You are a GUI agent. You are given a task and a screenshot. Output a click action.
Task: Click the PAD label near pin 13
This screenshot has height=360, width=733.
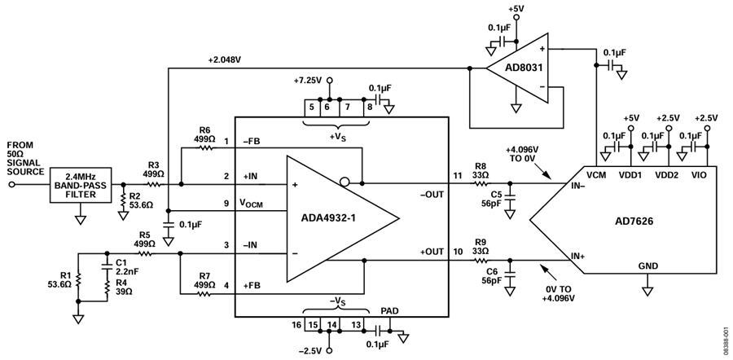coord(390,310)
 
